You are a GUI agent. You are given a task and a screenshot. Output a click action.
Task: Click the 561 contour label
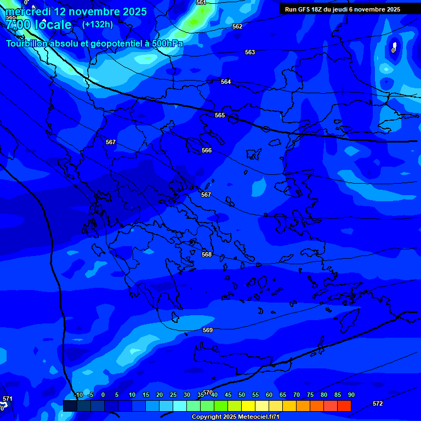[x=201, y=3]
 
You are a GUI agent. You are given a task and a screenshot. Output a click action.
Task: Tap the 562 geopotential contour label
[x=237, y=26]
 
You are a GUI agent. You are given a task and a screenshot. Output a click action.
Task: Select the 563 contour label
[x=250, y=52]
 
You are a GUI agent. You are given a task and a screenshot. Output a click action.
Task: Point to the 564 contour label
[x=226, y=82]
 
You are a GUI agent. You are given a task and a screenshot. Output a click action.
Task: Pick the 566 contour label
[x=207, y=150]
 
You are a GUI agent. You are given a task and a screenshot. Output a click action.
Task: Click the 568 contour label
[x=207, y=254]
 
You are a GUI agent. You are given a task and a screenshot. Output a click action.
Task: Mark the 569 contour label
[x=208, y=330]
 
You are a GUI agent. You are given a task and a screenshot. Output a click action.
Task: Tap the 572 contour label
[x=378, y=403]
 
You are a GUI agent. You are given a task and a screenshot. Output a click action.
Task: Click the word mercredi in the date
[x=28, y=12]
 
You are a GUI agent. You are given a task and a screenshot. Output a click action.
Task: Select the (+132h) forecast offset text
[x=97, y=24]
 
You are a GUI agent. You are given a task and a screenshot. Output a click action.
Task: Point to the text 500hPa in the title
[x=164, y=43]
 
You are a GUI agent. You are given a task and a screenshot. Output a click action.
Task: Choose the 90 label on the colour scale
[x=351, y=395]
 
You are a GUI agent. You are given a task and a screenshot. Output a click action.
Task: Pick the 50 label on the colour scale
[x=242, y=395]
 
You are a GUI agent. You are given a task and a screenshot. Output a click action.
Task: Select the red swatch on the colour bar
[x=344, y=406]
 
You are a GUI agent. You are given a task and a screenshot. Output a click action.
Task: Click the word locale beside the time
[x=53, y=25]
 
